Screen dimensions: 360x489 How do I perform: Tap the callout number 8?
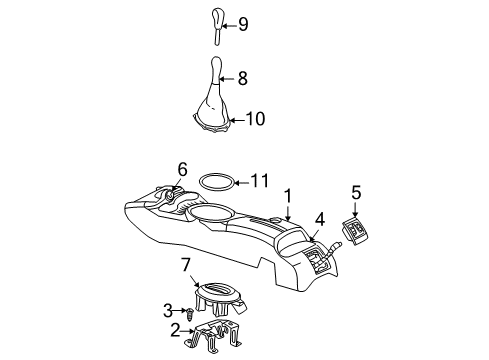(x=242, y=77)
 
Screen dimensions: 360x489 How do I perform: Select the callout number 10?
(x=255, y=119)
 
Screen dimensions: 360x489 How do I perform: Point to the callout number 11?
(x=260, y=181)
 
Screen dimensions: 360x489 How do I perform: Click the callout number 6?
(x=182, y=169)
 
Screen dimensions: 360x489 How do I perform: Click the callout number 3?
(x=169, y=310)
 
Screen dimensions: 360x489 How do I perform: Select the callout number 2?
(x=174, y=329)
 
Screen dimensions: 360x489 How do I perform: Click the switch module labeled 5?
(x=358, y=234)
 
